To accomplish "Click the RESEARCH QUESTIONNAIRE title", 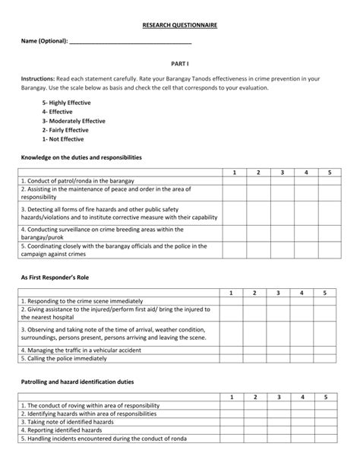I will pyautogui.click(x=179, y=25).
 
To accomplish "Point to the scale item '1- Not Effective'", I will pyautogui.click(x=64, y=139).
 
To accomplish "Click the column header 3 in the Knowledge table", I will pyautogui.click(x=282, y=173).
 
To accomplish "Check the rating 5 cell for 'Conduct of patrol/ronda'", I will pyautogui.click(x=329, y=181).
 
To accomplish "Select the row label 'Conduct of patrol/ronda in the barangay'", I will pyautogui.click(x=78, y=181).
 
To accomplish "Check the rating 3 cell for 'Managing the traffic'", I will pyautogui.click(x=278, y=350).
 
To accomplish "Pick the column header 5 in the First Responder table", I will pyautogui.click(x=324, y=293).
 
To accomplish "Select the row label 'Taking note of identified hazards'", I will pyautogui.click(x=69, y=422).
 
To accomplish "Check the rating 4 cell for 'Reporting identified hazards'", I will pyautogui.click(x=301, y=430).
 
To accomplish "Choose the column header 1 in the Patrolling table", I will pyautogui.click(x=231, y=397).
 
